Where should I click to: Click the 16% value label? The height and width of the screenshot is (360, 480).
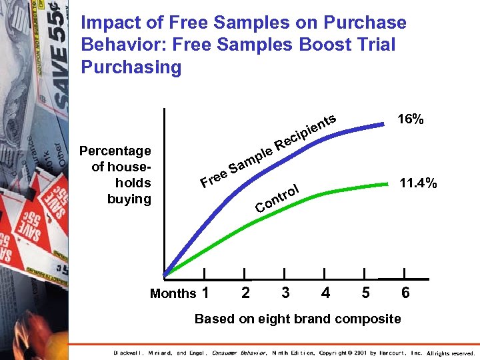pyautogui.click(x=411, y=119)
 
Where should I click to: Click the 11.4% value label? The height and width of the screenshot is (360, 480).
pyautogui.click(x=418, y=183)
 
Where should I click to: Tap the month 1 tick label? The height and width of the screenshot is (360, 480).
pyautogui.click(x=205, y=293)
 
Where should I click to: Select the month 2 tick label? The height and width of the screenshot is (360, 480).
pyautogui.click(x=245, y=293)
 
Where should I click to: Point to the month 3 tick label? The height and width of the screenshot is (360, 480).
pyautogui.click(x=285, y=293)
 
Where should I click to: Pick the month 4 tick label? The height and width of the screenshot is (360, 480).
pyautogui.click(x=325, y=293)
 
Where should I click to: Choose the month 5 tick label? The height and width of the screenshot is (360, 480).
pyautogui.click(x=365, y=293)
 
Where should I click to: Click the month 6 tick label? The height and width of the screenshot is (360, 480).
pyautogui.click(x=405, y=293)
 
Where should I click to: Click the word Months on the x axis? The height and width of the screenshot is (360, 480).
pyautogui.click(x=173, y=293)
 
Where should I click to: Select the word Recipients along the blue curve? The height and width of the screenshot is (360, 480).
pyautogui.click(x=304, y=131)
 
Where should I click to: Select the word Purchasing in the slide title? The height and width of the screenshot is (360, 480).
pyautogui.click(x=131, y=67)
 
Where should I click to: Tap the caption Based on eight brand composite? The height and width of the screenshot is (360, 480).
pyautogui.click(x=297, y=319)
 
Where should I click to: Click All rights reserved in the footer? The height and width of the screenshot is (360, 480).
pyautogui.click(x=451, y=353)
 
